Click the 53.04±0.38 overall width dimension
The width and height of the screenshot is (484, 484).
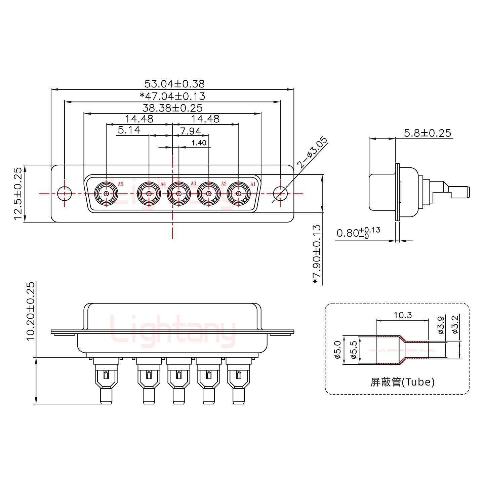click(174, 84)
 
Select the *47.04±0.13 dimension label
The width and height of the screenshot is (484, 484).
click(172, 96)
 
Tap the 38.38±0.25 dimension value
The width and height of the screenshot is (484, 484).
click(172, 108)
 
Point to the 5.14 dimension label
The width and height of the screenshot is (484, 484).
click(129, 130)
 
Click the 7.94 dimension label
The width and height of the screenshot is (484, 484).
click(190, 131)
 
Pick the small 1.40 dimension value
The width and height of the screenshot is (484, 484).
click(199, 143)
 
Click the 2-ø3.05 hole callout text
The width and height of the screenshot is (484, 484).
click(312, 153)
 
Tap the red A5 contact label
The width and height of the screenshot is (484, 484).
click(121, 184)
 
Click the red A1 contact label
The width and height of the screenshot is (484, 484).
click(253, 184)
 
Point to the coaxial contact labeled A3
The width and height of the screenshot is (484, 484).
click(179, 194)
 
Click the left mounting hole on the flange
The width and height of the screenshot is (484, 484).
click(64, 194)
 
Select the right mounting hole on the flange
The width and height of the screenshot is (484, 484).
click(280, 194)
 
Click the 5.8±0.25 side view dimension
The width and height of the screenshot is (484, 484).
click(427, 133)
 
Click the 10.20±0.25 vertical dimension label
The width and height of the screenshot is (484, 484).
click(30, 311)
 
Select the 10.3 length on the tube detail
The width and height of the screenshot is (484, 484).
click(402, 315)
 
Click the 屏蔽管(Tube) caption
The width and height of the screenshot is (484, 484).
click(402, 382)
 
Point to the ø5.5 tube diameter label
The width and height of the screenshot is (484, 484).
click(353, 350)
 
